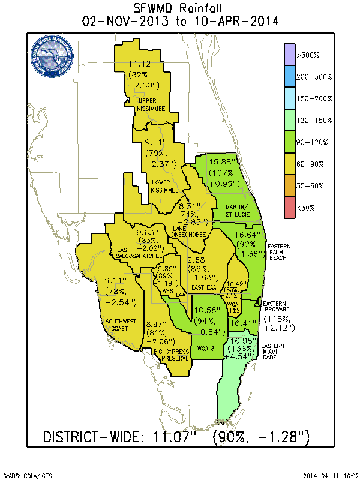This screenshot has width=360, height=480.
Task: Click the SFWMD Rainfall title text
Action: pyautogui.click(x=180, y=8)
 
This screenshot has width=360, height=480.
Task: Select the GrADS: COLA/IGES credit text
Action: pyautogui.click(x=27, y=474)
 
